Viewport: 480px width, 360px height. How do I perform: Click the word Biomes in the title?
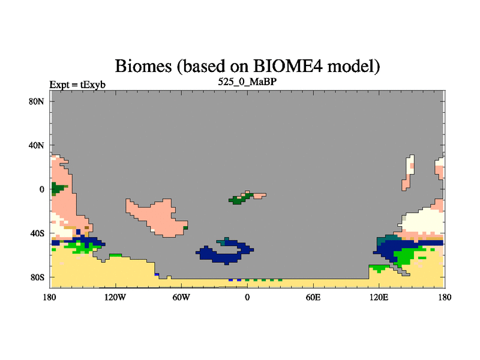point(143,66)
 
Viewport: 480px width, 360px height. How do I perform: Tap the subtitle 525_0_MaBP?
point(247,82)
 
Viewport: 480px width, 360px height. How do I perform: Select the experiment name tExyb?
point(93,85)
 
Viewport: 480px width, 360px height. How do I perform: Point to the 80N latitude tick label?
point(37,101)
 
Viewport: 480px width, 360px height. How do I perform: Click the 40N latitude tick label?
point(37,145)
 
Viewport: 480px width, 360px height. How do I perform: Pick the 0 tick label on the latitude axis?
point(41,190)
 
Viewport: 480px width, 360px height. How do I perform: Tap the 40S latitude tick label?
point(37,233)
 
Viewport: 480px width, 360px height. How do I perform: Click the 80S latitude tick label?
point(37,277)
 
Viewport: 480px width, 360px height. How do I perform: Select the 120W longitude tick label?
point(115,297)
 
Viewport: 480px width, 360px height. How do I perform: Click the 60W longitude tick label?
point(181,297)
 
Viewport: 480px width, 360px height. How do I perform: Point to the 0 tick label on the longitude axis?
point(247,297)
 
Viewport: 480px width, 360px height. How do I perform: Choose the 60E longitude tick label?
point(313,297)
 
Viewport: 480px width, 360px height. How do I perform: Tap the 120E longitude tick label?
point(379,297)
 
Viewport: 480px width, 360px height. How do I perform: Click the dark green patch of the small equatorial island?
point(238,200)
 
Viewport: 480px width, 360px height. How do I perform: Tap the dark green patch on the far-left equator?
point(58,188)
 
